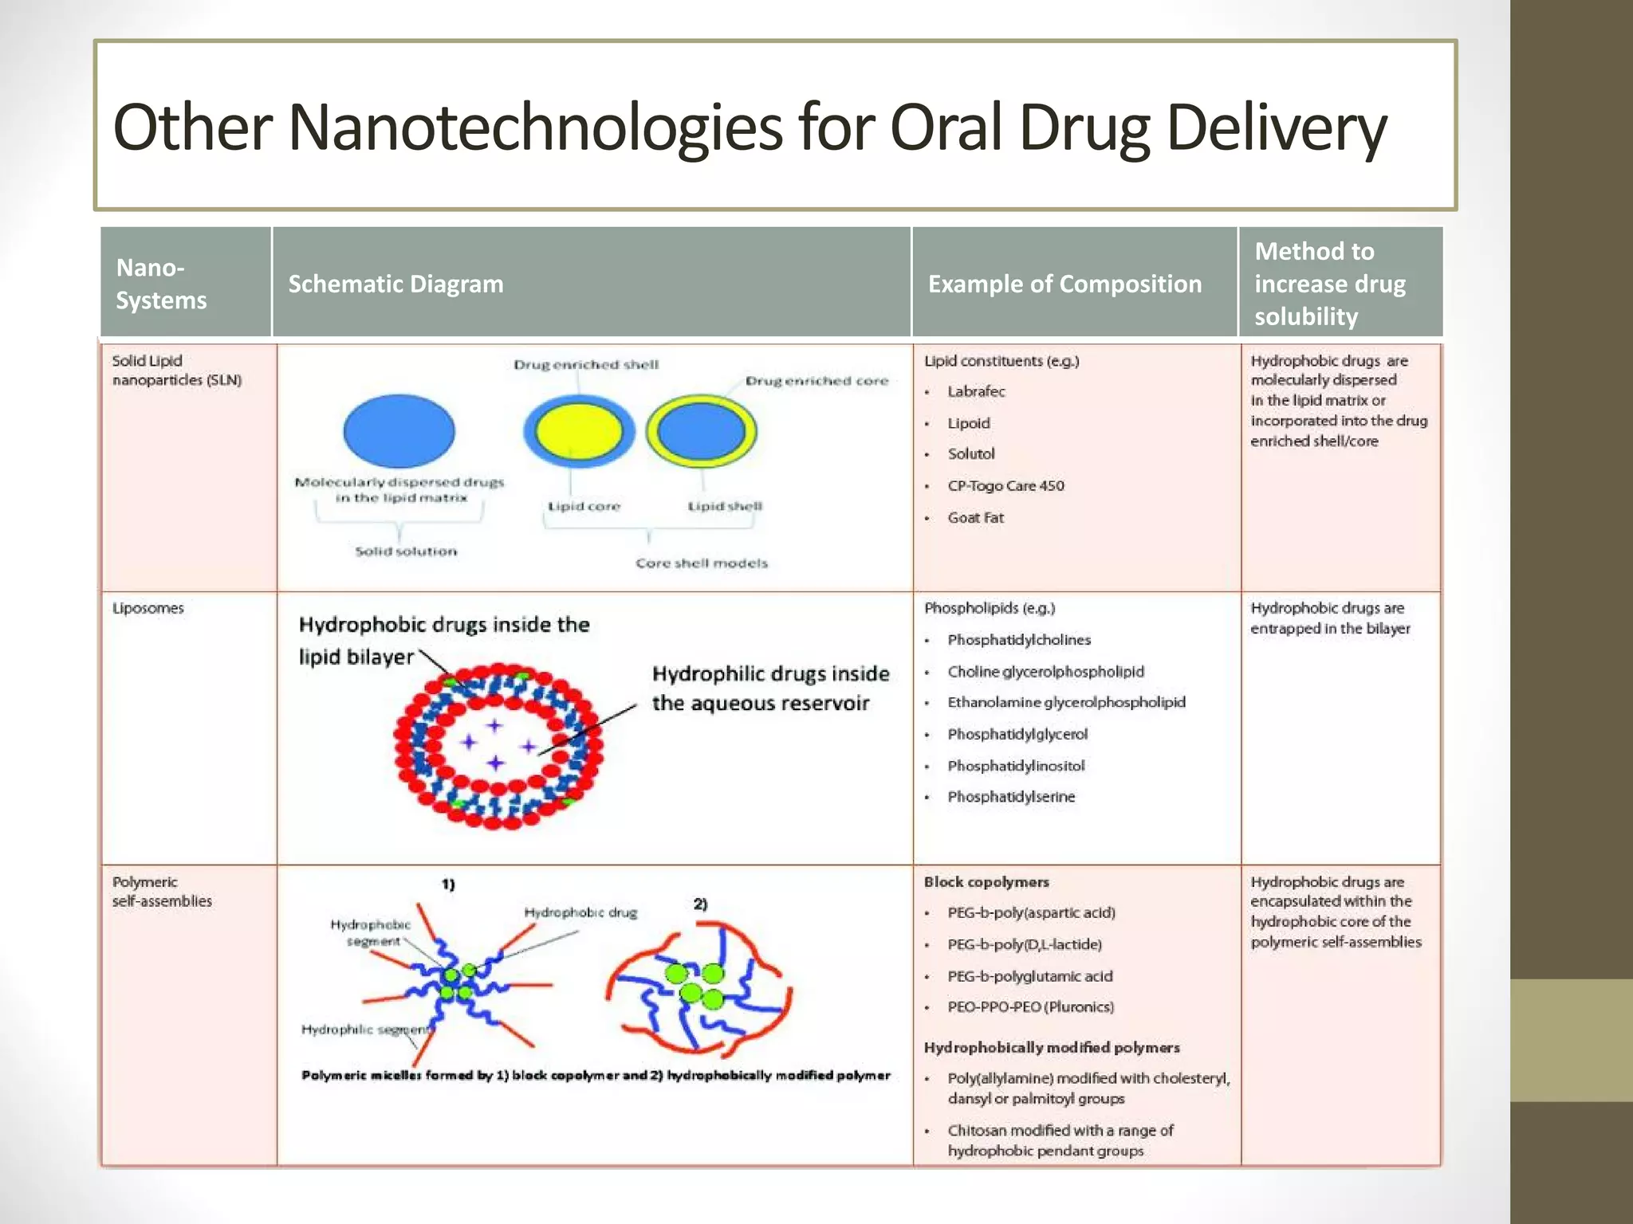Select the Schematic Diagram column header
click(395, 284)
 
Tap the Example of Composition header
click(1064, 284)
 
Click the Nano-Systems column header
click(161, 284)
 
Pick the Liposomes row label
click(148, 608)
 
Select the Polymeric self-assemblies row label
click(162, 891)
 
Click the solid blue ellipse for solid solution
click(399, 430)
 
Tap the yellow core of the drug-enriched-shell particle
click(578, 431)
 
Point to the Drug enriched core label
click(816, 381)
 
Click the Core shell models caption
click(702, 563)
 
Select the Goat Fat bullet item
click(975, 517)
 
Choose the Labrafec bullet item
click(976, 391)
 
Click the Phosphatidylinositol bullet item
click(1016, 766)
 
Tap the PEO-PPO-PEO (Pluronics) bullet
click(1030, 1006)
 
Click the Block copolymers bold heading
click(986, 881)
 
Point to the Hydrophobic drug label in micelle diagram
click(580, 912)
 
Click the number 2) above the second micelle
click(700, 904)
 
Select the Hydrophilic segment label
click(365, 1030)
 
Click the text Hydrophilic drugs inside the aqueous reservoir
click(769, 688)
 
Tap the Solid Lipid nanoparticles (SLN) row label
click(176, 370)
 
